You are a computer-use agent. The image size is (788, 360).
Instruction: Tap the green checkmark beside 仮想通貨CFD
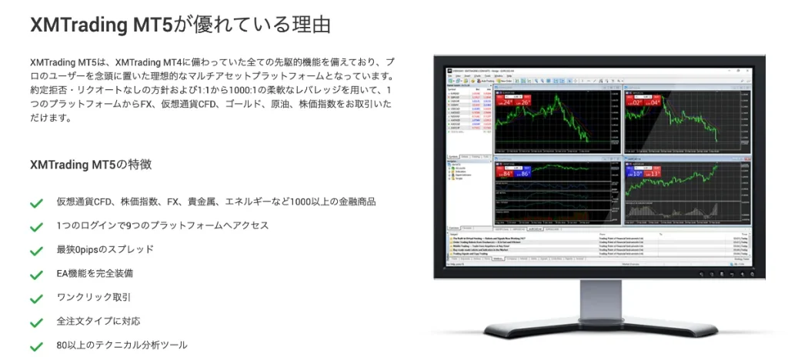pos(36,203)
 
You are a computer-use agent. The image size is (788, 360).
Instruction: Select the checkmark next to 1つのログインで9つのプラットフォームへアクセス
pos(36,227)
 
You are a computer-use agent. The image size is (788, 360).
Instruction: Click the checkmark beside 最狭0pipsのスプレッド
pos(36,251)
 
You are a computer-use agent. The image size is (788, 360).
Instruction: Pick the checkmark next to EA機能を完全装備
pos(36,275)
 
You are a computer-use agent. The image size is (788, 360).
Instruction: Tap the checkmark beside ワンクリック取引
pos(36,298)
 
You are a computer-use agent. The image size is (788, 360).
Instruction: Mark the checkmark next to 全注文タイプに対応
pos(36,322)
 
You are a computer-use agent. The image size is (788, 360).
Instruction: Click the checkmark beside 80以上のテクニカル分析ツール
pos(36,346)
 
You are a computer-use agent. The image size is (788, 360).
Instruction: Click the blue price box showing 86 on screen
pos(524,173)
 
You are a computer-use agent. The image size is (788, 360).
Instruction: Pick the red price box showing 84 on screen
pos(506,173)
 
